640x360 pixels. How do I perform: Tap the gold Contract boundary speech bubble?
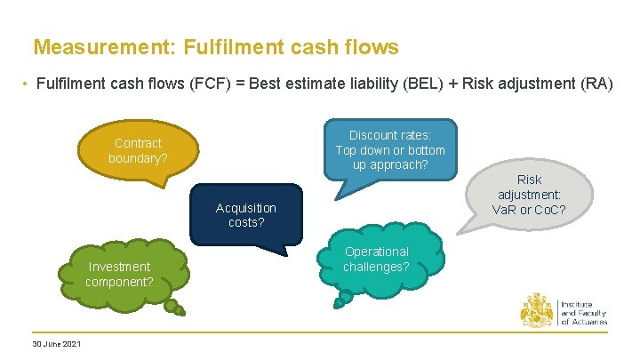[138, 150]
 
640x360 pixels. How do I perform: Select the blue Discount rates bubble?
[390, 149]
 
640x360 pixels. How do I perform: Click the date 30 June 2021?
[56, 344]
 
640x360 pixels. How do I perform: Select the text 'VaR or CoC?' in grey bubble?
[529, 210]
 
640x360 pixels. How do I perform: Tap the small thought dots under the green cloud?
[178, 309]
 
